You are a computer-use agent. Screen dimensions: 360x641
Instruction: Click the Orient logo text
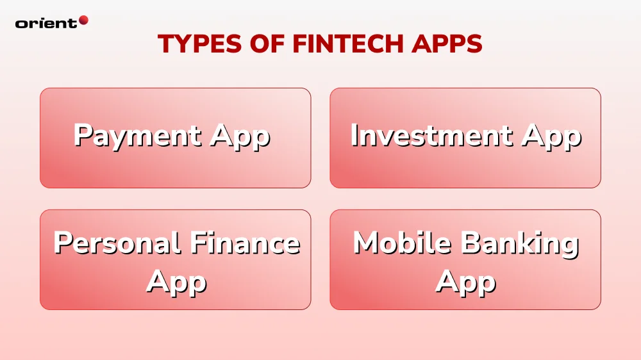pos(46,23)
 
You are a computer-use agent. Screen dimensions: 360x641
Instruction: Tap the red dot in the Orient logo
pos(83,20)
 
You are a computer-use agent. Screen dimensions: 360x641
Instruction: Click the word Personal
pos(117,243)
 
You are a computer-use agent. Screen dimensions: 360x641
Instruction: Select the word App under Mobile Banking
pos(466,282)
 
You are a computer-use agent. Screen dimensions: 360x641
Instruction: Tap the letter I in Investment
pos(355,136)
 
